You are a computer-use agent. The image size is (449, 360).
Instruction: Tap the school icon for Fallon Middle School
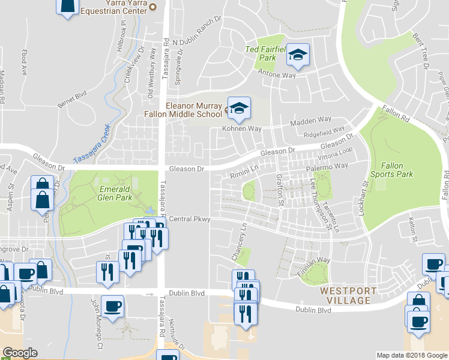239,108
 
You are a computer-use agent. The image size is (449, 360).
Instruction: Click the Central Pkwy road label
189,220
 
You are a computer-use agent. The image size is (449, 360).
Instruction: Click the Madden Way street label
310,122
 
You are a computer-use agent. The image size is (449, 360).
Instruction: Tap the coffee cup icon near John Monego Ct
112,307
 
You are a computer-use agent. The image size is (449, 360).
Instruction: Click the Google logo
19,353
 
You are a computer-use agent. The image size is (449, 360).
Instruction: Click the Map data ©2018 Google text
411,355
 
